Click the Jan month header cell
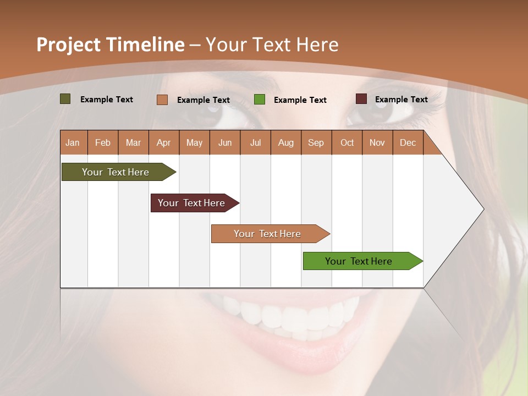73,142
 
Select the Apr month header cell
164,142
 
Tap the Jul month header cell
255,142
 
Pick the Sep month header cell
316,142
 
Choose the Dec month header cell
408,142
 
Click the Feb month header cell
103,142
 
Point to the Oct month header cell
347,142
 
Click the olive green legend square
65,99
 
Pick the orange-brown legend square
162,100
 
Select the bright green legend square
260,100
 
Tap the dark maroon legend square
361,99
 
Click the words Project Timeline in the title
110,45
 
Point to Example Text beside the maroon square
401,100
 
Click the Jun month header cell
225,142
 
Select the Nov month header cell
377,142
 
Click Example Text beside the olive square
107,100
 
